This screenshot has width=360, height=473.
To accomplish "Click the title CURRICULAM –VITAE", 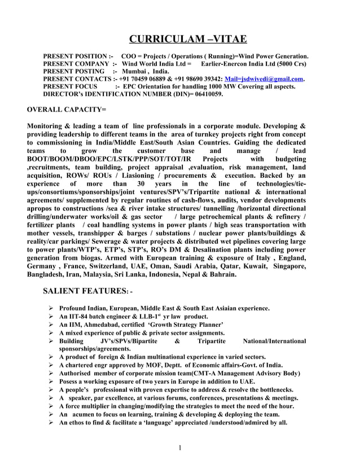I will coord(188,39).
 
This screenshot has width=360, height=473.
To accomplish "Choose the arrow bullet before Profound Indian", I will coord(50,308).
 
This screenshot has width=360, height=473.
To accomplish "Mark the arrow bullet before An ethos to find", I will coord(50,422).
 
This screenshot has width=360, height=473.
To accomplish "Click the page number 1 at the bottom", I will coord(179,448).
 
